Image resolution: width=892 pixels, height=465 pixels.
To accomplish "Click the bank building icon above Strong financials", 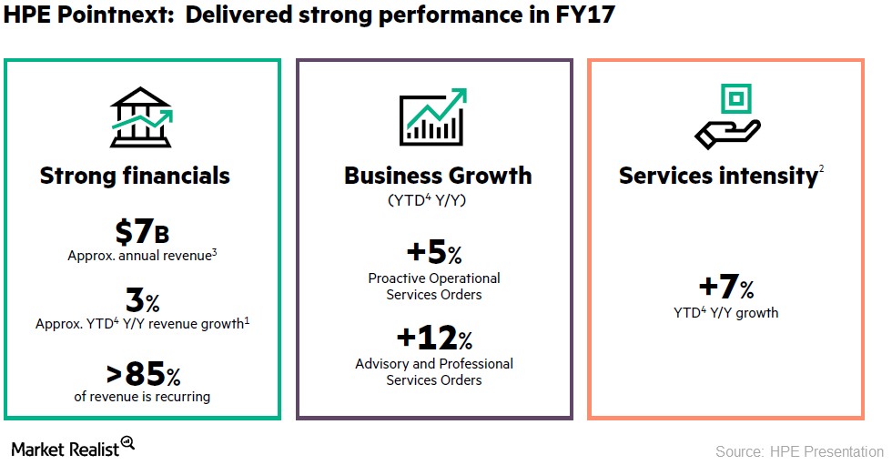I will click(141, 117).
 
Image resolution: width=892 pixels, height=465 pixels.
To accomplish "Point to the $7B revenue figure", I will click(141, 232).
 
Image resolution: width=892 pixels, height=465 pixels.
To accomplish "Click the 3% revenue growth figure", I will click(141, 299).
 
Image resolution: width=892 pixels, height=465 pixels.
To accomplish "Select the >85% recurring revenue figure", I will click(141, 373).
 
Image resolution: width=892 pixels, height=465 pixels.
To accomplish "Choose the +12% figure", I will click(433, 339).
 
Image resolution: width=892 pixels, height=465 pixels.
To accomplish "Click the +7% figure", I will click(725, 288).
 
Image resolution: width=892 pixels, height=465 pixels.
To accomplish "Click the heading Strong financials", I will click(135, 176).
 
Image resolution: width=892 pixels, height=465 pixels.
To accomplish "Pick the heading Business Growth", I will click(438, 176).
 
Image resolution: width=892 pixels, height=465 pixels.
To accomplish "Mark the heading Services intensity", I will click(718, 176).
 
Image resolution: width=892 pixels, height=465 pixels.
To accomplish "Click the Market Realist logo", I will click(73, 447).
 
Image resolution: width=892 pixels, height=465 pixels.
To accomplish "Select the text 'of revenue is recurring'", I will click(142, 397).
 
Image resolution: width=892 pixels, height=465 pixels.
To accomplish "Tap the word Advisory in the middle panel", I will click(383, 364).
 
